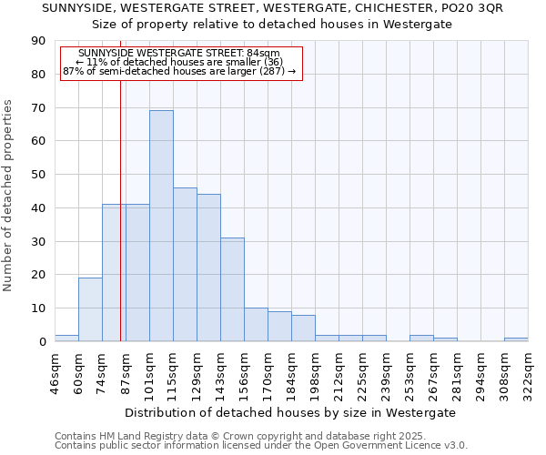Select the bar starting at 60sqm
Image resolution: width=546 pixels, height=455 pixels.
tap(90, 309)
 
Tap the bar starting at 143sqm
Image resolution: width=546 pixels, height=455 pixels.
tap(232, 289)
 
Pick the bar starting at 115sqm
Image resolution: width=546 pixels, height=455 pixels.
tap(185, 264)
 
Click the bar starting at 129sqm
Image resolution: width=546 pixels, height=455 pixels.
tap(208, 268)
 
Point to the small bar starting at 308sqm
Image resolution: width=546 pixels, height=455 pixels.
tap(516, 339)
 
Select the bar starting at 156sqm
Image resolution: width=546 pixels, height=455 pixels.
tap(256, 325)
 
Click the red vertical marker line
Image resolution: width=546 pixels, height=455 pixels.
tap(120, 227)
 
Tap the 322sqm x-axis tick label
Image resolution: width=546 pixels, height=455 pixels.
tap(529, 372)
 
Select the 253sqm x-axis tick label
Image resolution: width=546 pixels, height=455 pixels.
tap(410, 372)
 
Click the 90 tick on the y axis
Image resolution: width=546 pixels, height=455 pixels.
tap(38, 41)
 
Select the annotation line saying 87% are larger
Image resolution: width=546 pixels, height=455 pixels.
tap(180, 71)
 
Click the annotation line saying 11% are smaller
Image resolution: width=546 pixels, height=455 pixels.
tap(180, 62)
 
